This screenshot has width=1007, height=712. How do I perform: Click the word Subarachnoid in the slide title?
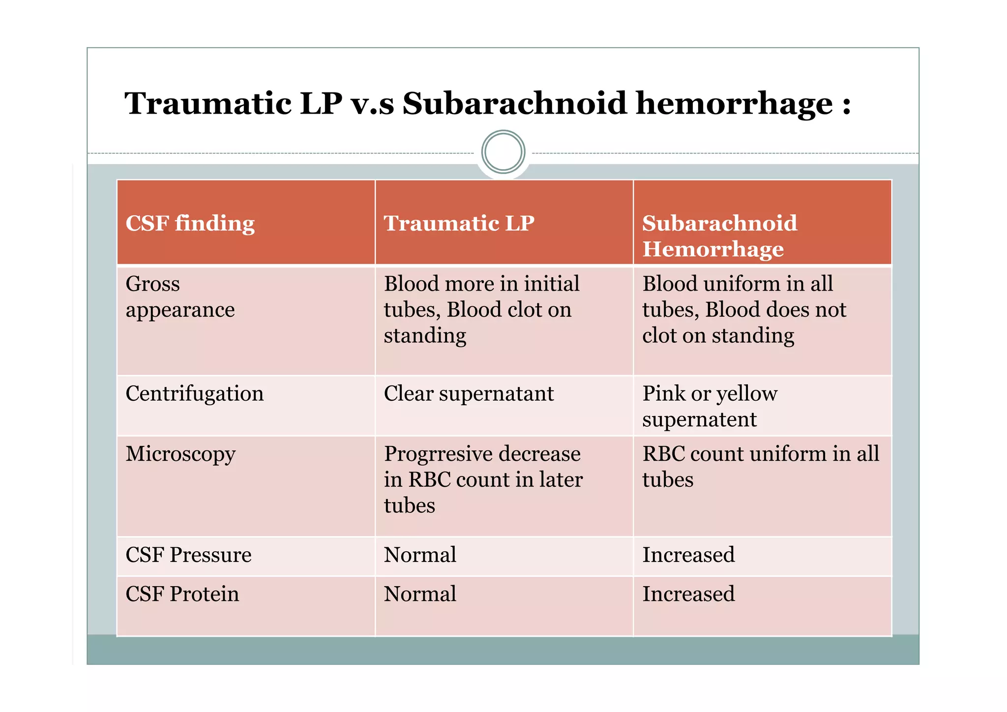tap(514, 104)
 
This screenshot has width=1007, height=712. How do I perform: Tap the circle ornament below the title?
tap(503, 152)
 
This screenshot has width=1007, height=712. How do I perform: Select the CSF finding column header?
tap(190, 223)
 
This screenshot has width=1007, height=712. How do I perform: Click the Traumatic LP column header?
tap(459, 223)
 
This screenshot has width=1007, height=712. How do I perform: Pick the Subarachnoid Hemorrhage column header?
tap(719, 236)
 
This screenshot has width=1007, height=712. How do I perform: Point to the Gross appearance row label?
tap(180, 297)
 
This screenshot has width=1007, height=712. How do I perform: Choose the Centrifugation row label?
tap(195, 393)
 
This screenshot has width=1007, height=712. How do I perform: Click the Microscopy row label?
tap(180, 454)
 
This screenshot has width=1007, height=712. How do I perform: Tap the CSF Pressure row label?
tap(188, 555)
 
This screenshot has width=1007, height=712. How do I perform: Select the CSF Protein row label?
tap(182, 594)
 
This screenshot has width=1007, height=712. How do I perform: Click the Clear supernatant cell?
tap(469, 393)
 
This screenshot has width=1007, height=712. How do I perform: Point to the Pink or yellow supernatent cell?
tap(710, 406)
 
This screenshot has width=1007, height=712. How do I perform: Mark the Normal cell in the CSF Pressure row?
tap(420, 555)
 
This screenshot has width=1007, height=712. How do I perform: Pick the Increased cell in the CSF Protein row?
tap(688, 594)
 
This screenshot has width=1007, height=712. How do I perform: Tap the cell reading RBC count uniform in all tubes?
tap(760, 466)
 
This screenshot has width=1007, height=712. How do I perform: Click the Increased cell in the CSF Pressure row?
tap(688, 555)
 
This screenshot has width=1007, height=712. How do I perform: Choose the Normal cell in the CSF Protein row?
tap(420, 594)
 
